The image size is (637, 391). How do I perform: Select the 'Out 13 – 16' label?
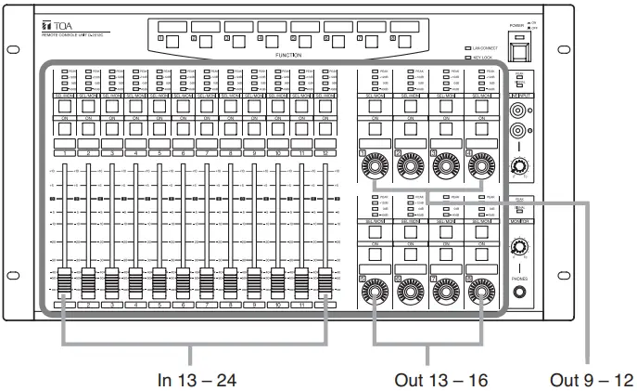coord(427,378)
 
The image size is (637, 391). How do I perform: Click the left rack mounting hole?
coord(13,49)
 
